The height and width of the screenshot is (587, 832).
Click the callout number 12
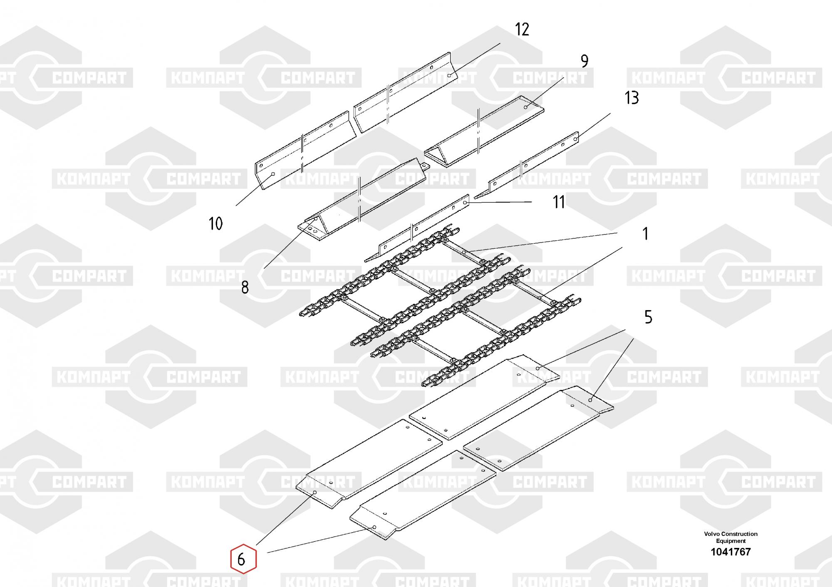(x=522, y=30)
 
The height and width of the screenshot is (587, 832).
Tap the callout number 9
(x=584, y=61)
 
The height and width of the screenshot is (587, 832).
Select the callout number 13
(x=631, y=98)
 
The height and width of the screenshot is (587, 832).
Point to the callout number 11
(x=559, y=202)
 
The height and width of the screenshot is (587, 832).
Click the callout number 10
(x=215, y=224)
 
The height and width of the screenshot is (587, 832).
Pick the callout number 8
(x=245, y=287)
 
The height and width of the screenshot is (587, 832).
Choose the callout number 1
(x=645, y=234)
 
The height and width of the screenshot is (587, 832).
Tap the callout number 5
(x=648, y=317)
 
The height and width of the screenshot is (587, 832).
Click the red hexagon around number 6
(x=244, y=559)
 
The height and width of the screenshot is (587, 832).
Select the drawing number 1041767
(x=731, y=552)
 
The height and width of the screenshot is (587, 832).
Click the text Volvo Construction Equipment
(x=731, y=537)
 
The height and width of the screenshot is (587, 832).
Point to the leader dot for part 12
(x=449, y=76)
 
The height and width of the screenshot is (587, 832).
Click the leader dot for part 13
(x=576, y=139)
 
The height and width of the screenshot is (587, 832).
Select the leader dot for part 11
(x=465, y=202)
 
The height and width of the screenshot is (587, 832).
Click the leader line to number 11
(x=499, y=202)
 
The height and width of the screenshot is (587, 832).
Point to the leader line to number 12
(x=475, y=59)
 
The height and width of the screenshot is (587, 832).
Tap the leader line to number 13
(x=593, y=126)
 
